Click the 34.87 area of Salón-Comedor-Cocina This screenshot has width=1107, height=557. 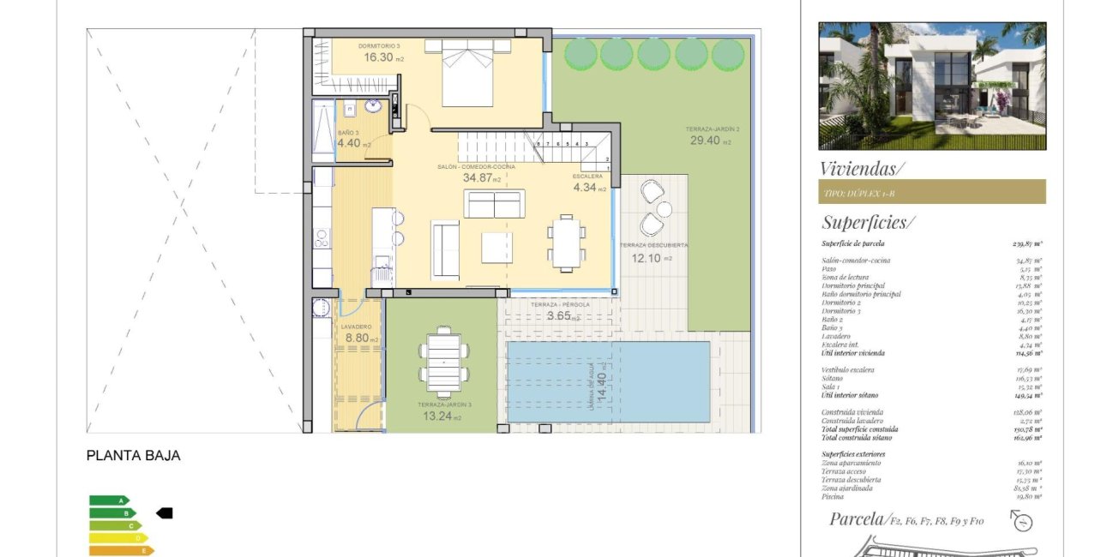[481, 178]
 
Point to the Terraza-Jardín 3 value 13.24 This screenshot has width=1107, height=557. [441, 417]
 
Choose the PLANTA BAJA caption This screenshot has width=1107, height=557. [133, 456]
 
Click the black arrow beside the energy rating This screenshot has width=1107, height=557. [164, 512]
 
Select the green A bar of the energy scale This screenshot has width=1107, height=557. [109, 500]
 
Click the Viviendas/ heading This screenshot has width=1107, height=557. [862, 168]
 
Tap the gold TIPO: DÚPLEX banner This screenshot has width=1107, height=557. [931, 192]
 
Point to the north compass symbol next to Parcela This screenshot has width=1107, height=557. [1021, 521]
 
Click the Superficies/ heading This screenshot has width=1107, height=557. [868, 223]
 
